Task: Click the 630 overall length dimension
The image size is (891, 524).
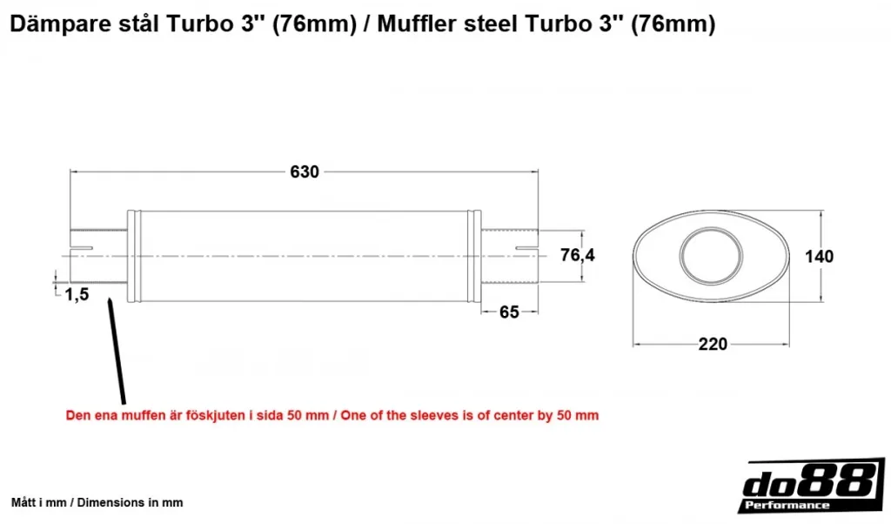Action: pos(305,171)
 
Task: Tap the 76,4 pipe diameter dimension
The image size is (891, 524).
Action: pos(578,255)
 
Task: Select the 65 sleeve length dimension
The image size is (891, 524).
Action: pos(509,312)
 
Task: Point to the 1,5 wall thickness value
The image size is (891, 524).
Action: pos(77,294)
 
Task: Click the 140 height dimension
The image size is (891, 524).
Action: pos(819,256)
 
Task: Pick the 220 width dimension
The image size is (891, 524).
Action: pos(713,344)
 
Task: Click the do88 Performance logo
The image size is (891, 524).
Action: pos(813,486)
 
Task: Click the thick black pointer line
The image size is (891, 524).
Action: pos(117,352)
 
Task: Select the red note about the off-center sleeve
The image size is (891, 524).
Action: pos(332,415)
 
